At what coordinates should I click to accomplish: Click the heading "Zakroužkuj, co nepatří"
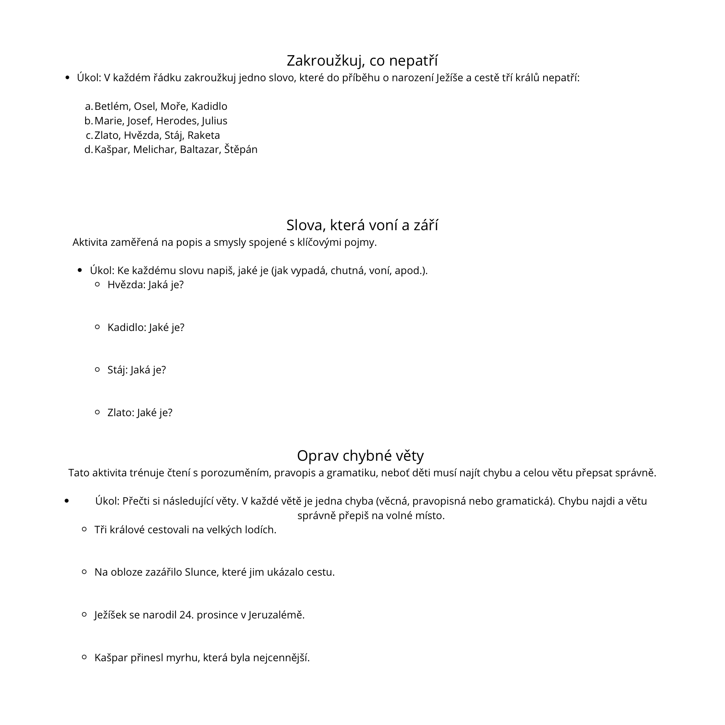(x=362, y=61)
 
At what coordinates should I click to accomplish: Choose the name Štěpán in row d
(x=241, y=149)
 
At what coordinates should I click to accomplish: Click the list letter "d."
(x=88, y=149)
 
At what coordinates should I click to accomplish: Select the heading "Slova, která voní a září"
(x=362, y=225)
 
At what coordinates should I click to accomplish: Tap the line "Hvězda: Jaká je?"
(x=146, y=285)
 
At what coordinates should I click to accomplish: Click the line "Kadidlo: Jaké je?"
(x=146, y=328)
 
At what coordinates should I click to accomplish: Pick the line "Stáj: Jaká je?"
(x=137, y=370)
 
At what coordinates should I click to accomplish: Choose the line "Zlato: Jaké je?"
(x=140, y=413)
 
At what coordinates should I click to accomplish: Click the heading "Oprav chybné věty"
(x=360, y=456)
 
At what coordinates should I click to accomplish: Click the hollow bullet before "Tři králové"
(x=84, y=530)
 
